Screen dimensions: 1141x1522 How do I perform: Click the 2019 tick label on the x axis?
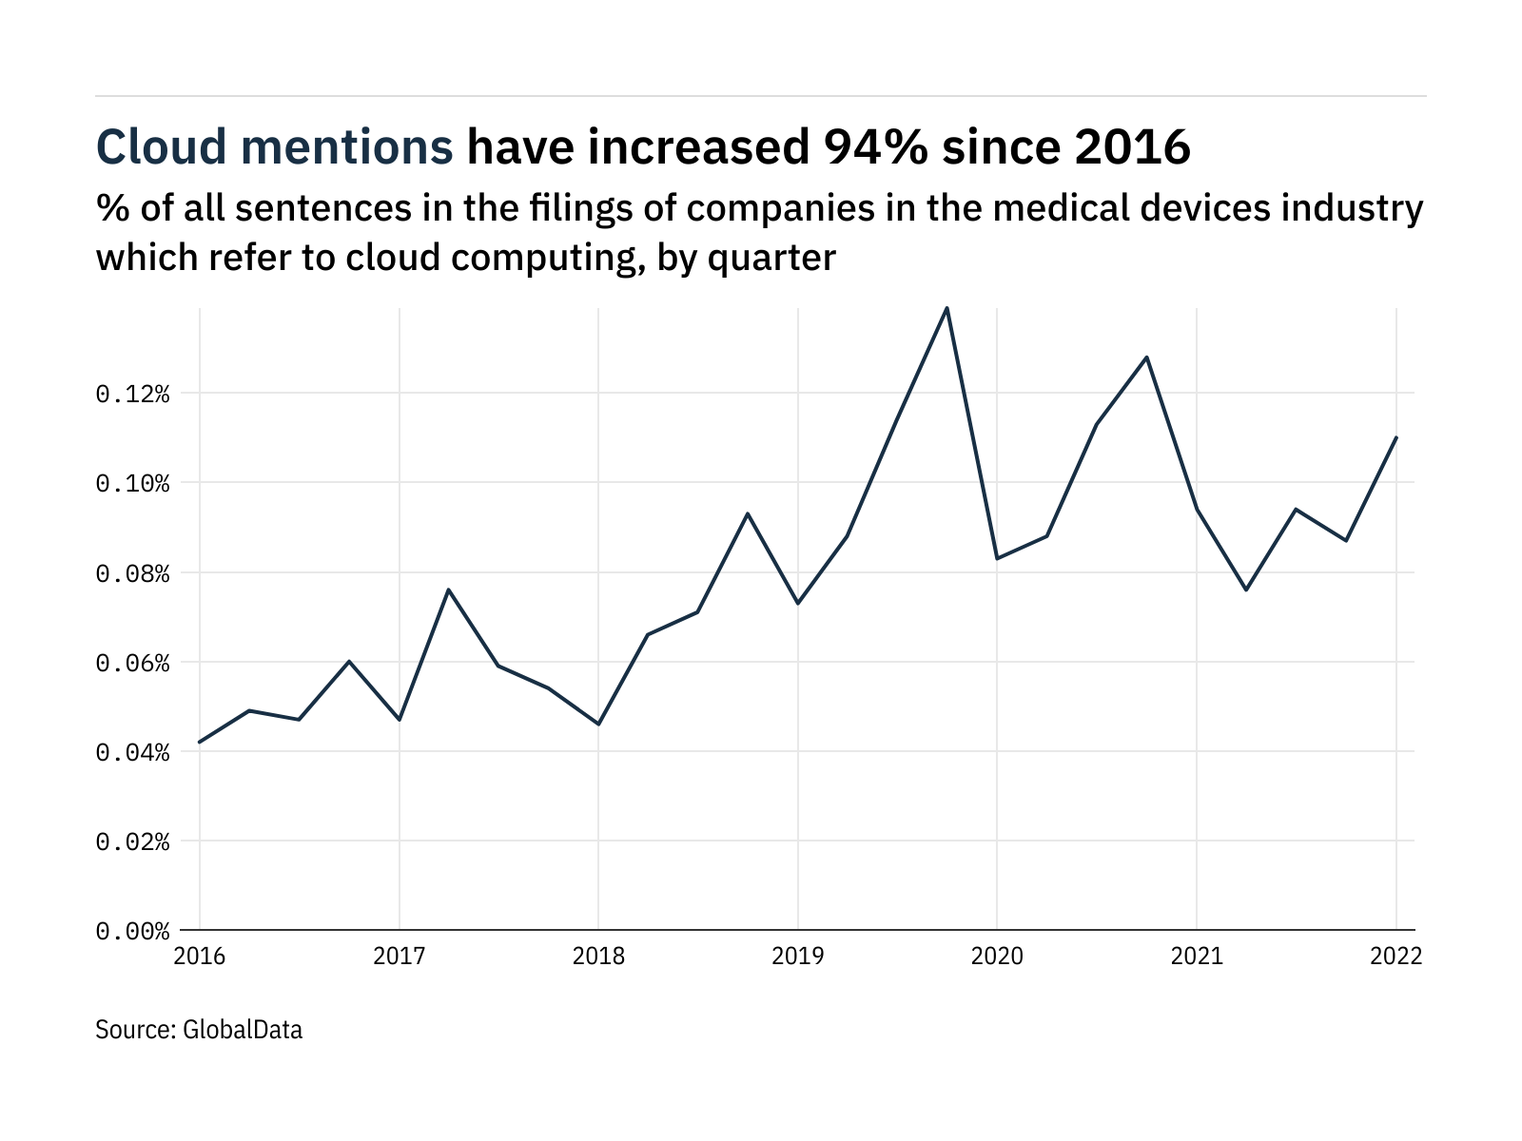(x=797, y=957)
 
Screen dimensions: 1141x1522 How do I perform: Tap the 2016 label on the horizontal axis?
(x=200, y=957)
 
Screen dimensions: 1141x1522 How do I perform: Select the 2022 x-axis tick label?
(x=1395, y=957)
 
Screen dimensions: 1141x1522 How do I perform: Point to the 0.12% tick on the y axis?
(x=132, y=394)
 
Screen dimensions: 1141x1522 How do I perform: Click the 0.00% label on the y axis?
(x=132, y=931)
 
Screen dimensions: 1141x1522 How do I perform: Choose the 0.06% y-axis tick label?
(x=132, y=663)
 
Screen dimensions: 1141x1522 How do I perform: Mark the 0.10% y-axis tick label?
(x=132, y=484)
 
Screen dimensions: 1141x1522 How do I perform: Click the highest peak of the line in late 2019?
(x=947, y=308)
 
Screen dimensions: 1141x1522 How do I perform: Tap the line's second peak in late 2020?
(x=1146, y=358)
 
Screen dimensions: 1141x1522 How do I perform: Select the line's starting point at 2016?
(x=200, y=742)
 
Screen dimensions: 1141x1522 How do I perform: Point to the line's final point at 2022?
(x=1395, y=437)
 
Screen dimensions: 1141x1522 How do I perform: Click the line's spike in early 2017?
(x=449, y=590)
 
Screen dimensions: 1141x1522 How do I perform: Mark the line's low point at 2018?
(x=598, y=724)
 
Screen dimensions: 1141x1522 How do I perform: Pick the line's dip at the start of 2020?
(x=997, y=558)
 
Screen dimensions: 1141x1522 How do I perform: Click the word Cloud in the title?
(x=160, y=147)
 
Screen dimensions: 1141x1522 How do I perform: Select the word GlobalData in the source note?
(x=242, y=1030)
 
